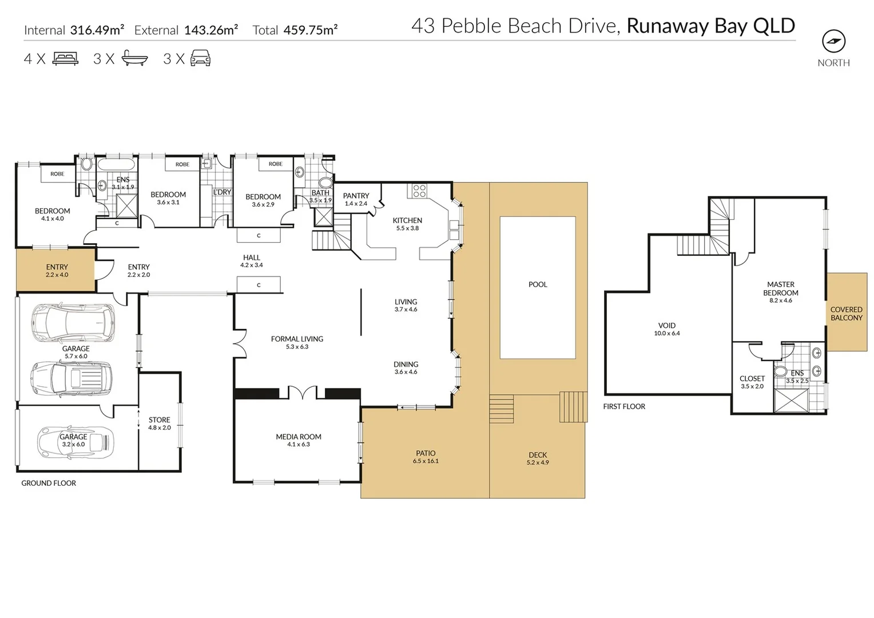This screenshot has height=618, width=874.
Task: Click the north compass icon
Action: pyautogui.click(x=833, y=41)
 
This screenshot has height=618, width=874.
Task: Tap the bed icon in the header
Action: pyautogui.click(x=65, y=58)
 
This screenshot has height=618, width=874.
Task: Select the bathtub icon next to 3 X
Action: pyautogui.click(x=134, y=58)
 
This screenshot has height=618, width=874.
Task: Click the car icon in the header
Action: pyautogui.click(x=200, y=58)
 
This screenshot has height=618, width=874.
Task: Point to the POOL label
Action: pyautogui.click(x=538, y=284)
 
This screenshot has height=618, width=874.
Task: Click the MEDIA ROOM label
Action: pyautogui.click(x=298, y=437)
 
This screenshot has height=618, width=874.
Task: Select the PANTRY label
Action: pyautogui.click(x=356, y=196)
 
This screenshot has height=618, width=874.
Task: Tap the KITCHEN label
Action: pyautogui.click(x=407, y=220)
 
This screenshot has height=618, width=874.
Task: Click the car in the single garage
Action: pyautogui.click(x=76, y=442)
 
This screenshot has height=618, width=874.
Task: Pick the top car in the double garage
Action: pyautogui.click(x=73, y=323)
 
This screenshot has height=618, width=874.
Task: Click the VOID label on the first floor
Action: pyautogui.click(x=667, y=326)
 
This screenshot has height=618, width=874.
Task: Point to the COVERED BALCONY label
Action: pyautogui.click(x=846, y=314)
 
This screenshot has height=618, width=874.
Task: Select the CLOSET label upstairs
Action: pyautogui.click(x=752, y=379)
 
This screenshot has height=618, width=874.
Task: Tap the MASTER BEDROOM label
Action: pyautogui.click(x=780, y=288)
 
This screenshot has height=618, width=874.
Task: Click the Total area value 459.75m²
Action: pyautogui.click(x=310, y=30)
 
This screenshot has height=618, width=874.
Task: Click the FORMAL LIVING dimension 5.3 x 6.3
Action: pyautogui.click(x=297, y=347)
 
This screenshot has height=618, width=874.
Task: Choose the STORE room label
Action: pyautogui.click(x=159, y=420)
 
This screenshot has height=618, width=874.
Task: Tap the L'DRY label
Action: pyautogui.click(x=222, y=192)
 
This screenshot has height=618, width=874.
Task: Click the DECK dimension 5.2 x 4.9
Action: pyautogui.click(x=538, y=462)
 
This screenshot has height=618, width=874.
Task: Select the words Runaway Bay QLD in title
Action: pyautogui.click(x=710, y=26)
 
